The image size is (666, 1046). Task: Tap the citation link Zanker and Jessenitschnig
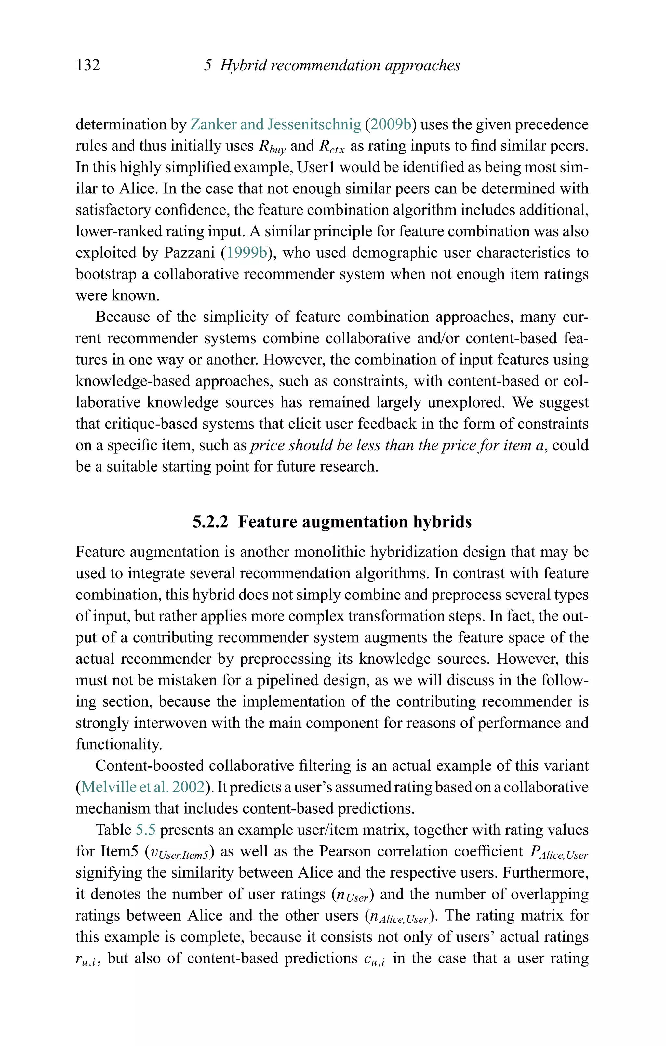[x=276, y=125]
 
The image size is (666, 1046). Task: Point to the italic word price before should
[x=267, y=445]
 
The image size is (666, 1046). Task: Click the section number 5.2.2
[x=210, y=522]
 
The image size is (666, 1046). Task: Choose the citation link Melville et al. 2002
[x=143, y=787]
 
